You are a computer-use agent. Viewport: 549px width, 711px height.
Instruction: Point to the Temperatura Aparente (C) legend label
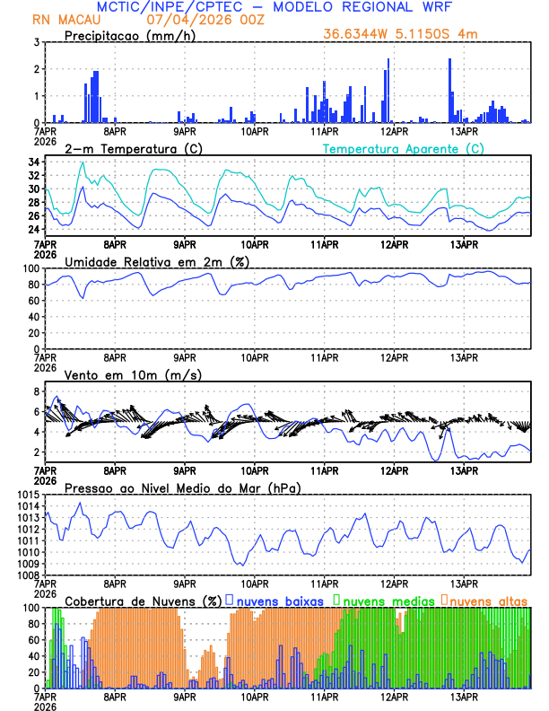[404, 148]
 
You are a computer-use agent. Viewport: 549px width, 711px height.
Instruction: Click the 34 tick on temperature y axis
[33, 162]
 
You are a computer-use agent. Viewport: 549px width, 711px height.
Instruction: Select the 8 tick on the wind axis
[36, 392]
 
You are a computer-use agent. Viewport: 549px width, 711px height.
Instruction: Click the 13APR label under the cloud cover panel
[464, 696]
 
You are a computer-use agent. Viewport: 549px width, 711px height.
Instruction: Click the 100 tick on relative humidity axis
[30, 268]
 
